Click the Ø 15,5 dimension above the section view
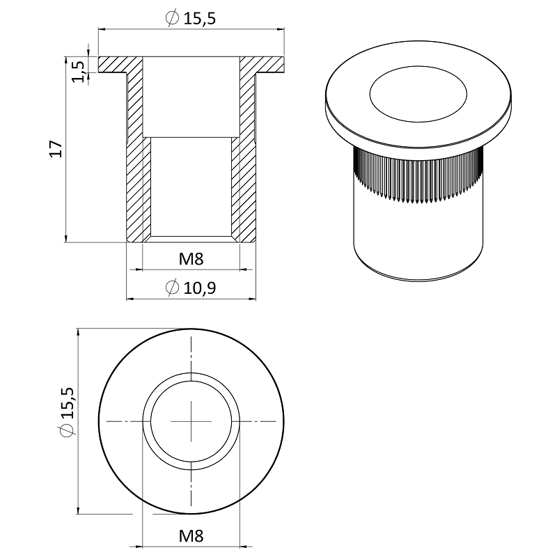pyautogui.click(x=191, y=18)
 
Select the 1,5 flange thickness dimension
pyautogui.click(x=79, y=72)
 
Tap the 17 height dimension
pyautogui.click(x=56, y=149)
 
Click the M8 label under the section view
pyautogui.click(x=191, y=259)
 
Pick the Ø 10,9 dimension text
pyautogui.click(x=191, y=288)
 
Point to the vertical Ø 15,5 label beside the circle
pyautogui.click(x=67, y=411)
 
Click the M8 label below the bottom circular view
pyautogui.click(x=191, y=535)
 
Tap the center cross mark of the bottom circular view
pyautogui.click(x=191, y=421)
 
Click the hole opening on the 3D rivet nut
pyautogui.click(x=418, y=94)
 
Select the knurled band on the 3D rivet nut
pyautogui.click(x=418, y=174)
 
